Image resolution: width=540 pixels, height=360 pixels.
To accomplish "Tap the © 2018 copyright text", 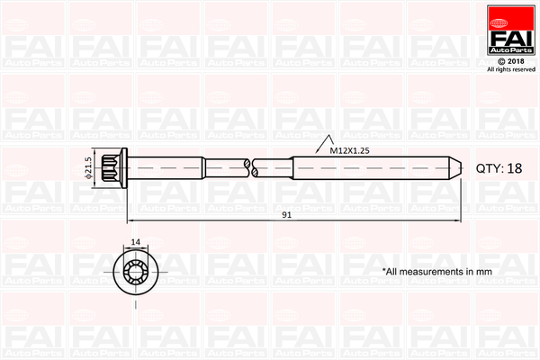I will (510, 61).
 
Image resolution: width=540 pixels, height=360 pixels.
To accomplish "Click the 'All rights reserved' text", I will (510, 69).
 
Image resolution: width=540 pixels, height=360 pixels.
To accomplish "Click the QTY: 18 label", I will (499, 168).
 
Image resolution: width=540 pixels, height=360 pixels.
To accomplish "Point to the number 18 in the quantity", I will (514, 168).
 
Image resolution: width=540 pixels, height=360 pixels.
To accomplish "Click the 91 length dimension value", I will (286, 216).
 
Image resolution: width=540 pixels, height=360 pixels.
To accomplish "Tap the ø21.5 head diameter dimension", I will (89, 166).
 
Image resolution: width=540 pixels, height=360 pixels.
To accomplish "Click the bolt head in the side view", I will (115, 166).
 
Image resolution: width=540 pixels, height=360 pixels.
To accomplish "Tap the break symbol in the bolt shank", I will (249, 166).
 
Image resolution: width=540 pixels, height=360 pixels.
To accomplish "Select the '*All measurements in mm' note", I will (436, 270).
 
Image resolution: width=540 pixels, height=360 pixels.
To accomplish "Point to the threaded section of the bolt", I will (369, 166).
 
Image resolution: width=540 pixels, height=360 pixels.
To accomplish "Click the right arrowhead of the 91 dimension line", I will (458, 220).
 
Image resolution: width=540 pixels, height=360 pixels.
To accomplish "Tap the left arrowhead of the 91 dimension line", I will (131, 220).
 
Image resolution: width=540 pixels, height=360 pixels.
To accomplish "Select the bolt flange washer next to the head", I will (127, 166).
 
